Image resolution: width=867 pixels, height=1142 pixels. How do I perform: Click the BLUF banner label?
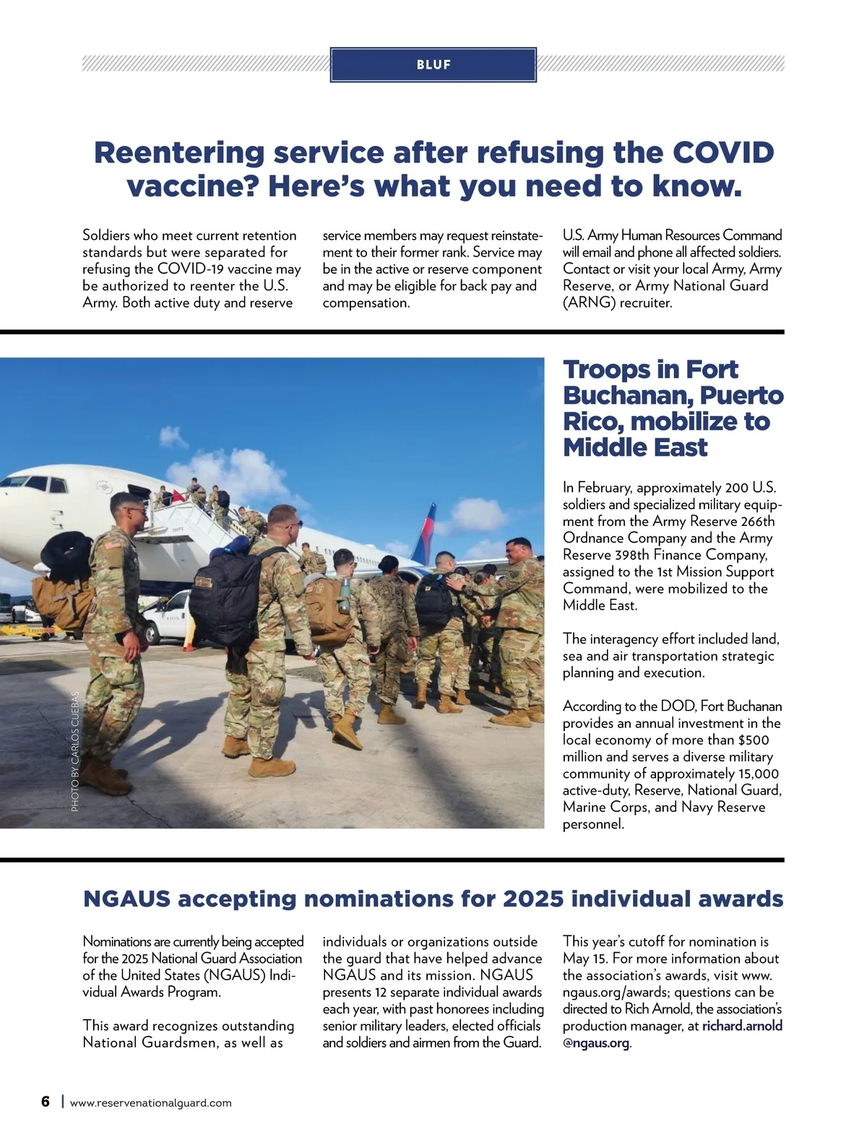click(433, 65)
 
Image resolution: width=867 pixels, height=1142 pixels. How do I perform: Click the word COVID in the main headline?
click(723, 152)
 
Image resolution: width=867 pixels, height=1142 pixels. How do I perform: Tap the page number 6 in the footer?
click(46, 1102)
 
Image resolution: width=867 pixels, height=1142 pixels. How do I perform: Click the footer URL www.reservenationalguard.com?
click(151, 1103)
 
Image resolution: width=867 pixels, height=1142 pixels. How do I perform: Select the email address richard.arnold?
click(742, 1026)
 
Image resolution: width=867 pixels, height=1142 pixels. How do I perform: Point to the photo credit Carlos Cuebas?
click(75, 751)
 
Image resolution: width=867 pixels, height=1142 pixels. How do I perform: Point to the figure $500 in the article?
click(754, 740)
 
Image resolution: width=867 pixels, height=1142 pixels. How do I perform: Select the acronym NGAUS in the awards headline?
click(126, 899)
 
